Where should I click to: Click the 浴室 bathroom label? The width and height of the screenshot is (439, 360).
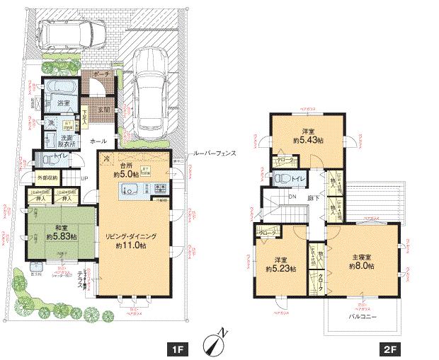(64, 103)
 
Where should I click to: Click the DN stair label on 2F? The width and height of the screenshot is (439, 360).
(292, 197)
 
